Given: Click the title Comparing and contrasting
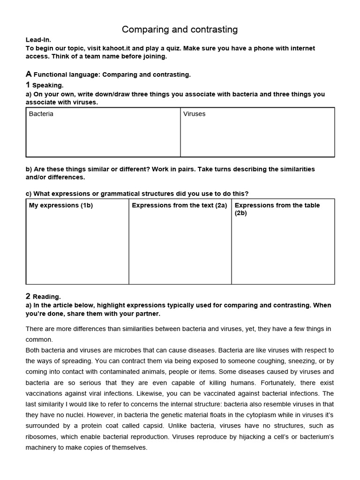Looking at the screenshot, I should [180, 30].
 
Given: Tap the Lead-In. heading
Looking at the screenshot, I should [38, 40].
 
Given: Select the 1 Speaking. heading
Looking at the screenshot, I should [45, 85].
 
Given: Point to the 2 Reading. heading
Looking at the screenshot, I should [43, 296].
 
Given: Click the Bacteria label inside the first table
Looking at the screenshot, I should [41, 114].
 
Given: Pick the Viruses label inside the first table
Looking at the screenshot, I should [195, 114].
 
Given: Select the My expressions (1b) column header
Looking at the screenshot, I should [61, 205].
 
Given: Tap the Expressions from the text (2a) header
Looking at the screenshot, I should [179, 205].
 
